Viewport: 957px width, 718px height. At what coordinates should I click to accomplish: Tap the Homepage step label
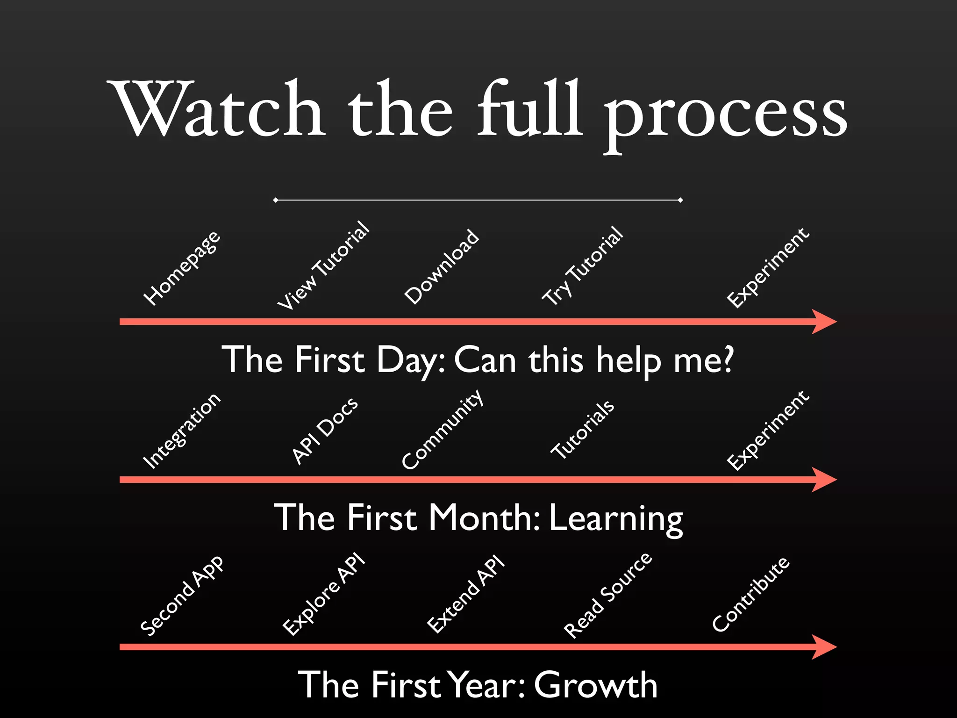pos(182,268)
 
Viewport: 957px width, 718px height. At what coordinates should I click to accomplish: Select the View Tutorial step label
pos(324,265)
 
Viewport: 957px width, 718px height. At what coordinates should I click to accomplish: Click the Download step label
pos(442,266)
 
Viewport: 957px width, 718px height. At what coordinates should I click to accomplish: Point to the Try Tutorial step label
pos(582,266)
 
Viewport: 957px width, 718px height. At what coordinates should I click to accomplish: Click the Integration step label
pos(181,431)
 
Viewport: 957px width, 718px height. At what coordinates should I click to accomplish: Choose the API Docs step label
pos(325,431)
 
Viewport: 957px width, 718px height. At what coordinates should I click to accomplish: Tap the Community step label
pos(442,429)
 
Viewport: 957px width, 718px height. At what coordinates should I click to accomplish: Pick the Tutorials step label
pos(583,429)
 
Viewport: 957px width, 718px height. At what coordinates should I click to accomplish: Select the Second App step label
pos(182,596)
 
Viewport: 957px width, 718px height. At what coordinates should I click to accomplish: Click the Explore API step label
pos(324,594)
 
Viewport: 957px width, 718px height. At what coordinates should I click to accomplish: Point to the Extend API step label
pos(466,594)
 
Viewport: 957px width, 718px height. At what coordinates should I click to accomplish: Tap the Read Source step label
pos(607,595)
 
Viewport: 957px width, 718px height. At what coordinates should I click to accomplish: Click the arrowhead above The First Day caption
pos(825,322)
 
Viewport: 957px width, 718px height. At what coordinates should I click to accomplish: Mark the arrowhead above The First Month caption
pos(825,480)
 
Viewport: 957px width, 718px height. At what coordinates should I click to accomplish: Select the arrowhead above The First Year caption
pos(825,647)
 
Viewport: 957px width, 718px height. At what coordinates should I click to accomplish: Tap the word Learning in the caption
pos(616,519)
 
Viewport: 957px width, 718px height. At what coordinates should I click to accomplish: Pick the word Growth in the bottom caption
pos(596,685)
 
